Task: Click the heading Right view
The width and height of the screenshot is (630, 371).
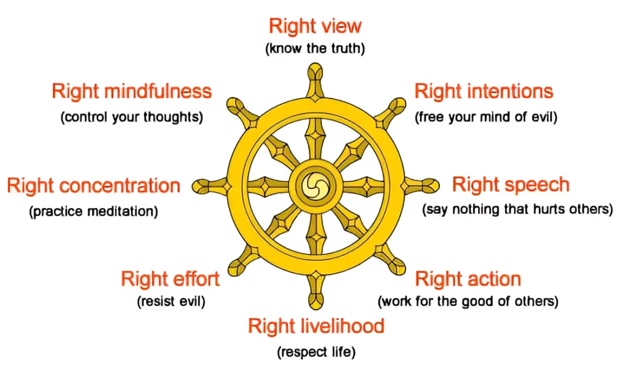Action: (x=315, y=26)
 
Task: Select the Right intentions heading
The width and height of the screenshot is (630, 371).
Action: (x=484, y=92)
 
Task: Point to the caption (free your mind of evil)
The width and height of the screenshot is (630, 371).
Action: (x=486, y=117)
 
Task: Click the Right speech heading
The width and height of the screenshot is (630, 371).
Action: (x=511, y=185)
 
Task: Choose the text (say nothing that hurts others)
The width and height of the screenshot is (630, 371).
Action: (x=517, y=210)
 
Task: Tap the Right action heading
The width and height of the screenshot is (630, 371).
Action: (x=468, y=279)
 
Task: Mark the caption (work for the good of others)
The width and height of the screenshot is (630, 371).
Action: (x=468, y=302)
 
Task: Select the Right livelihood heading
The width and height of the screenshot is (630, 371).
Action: (x=316, y=326)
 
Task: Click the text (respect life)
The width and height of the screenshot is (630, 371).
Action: (x=316, y=353)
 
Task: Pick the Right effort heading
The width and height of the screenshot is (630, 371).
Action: (x=170, y=279)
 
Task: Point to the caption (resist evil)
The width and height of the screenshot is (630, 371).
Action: (x=170, y=302)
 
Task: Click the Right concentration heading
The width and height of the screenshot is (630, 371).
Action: (x=94, y=185)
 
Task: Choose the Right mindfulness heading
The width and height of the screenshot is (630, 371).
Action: (x=132, y=92)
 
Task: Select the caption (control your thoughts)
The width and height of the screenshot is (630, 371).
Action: (x=132, y=117)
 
